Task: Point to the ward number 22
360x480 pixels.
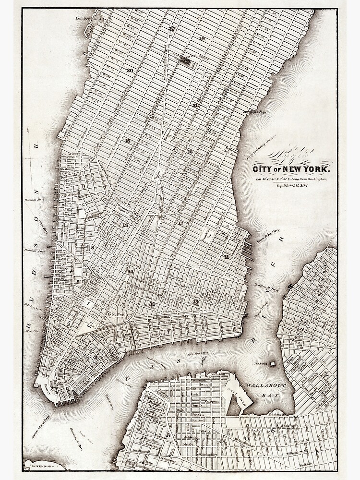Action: (171, 29)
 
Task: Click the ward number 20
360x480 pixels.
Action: (130, 71)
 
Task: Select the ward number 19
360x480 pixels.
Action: (202, 38)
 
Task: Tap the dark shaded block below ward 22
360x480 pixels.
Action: (184, 60)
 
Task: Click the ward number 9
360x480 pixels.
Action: (83, 186)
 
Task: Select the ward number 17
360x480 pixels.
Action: (180, 223)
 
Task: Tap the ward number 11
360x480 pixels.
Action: (226, 257)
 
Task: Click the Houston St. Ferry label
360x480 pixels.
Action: (266, 287)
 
